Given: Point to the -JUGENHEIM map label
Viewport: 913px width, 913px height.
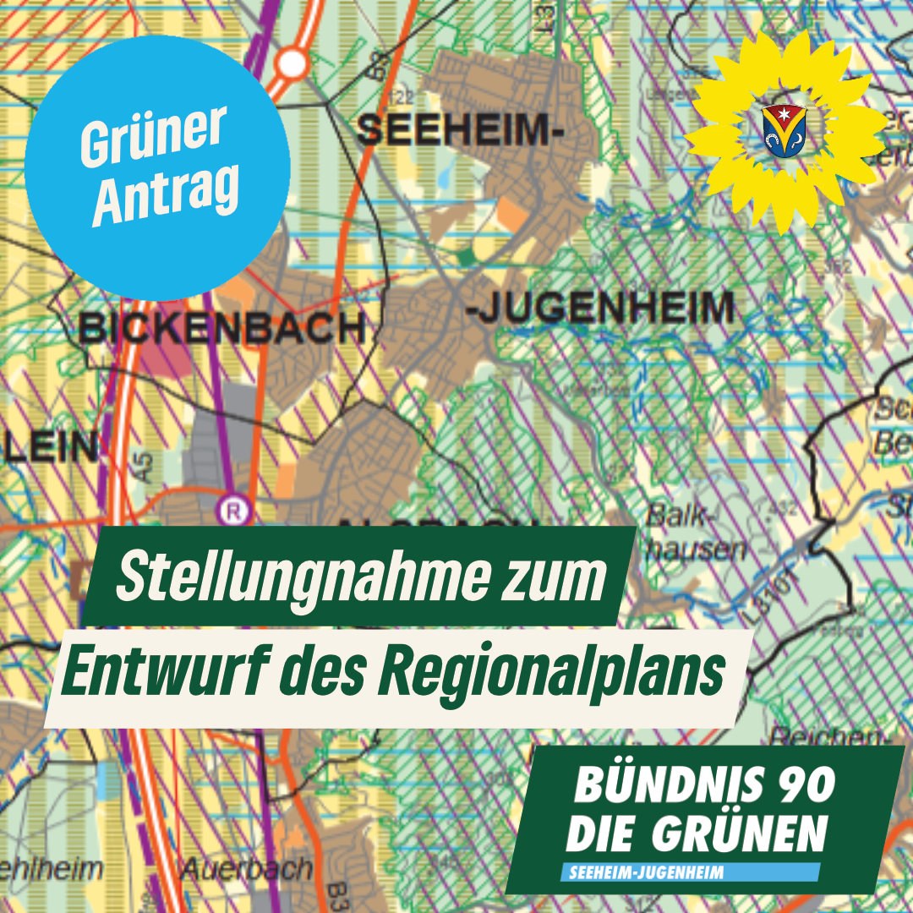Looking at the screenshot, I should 600,309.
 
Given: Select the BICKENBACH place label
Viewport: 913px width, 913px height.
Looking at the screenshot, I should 222,328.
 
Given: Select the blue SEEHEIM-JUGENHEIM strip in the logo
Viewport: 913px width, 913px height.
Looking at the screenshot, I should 689,872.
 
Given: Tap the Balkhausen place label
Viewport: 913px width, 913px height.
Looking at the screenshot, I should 696,533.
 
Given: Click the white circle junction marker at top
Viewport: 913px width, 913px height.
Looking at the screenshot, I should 292,62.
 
